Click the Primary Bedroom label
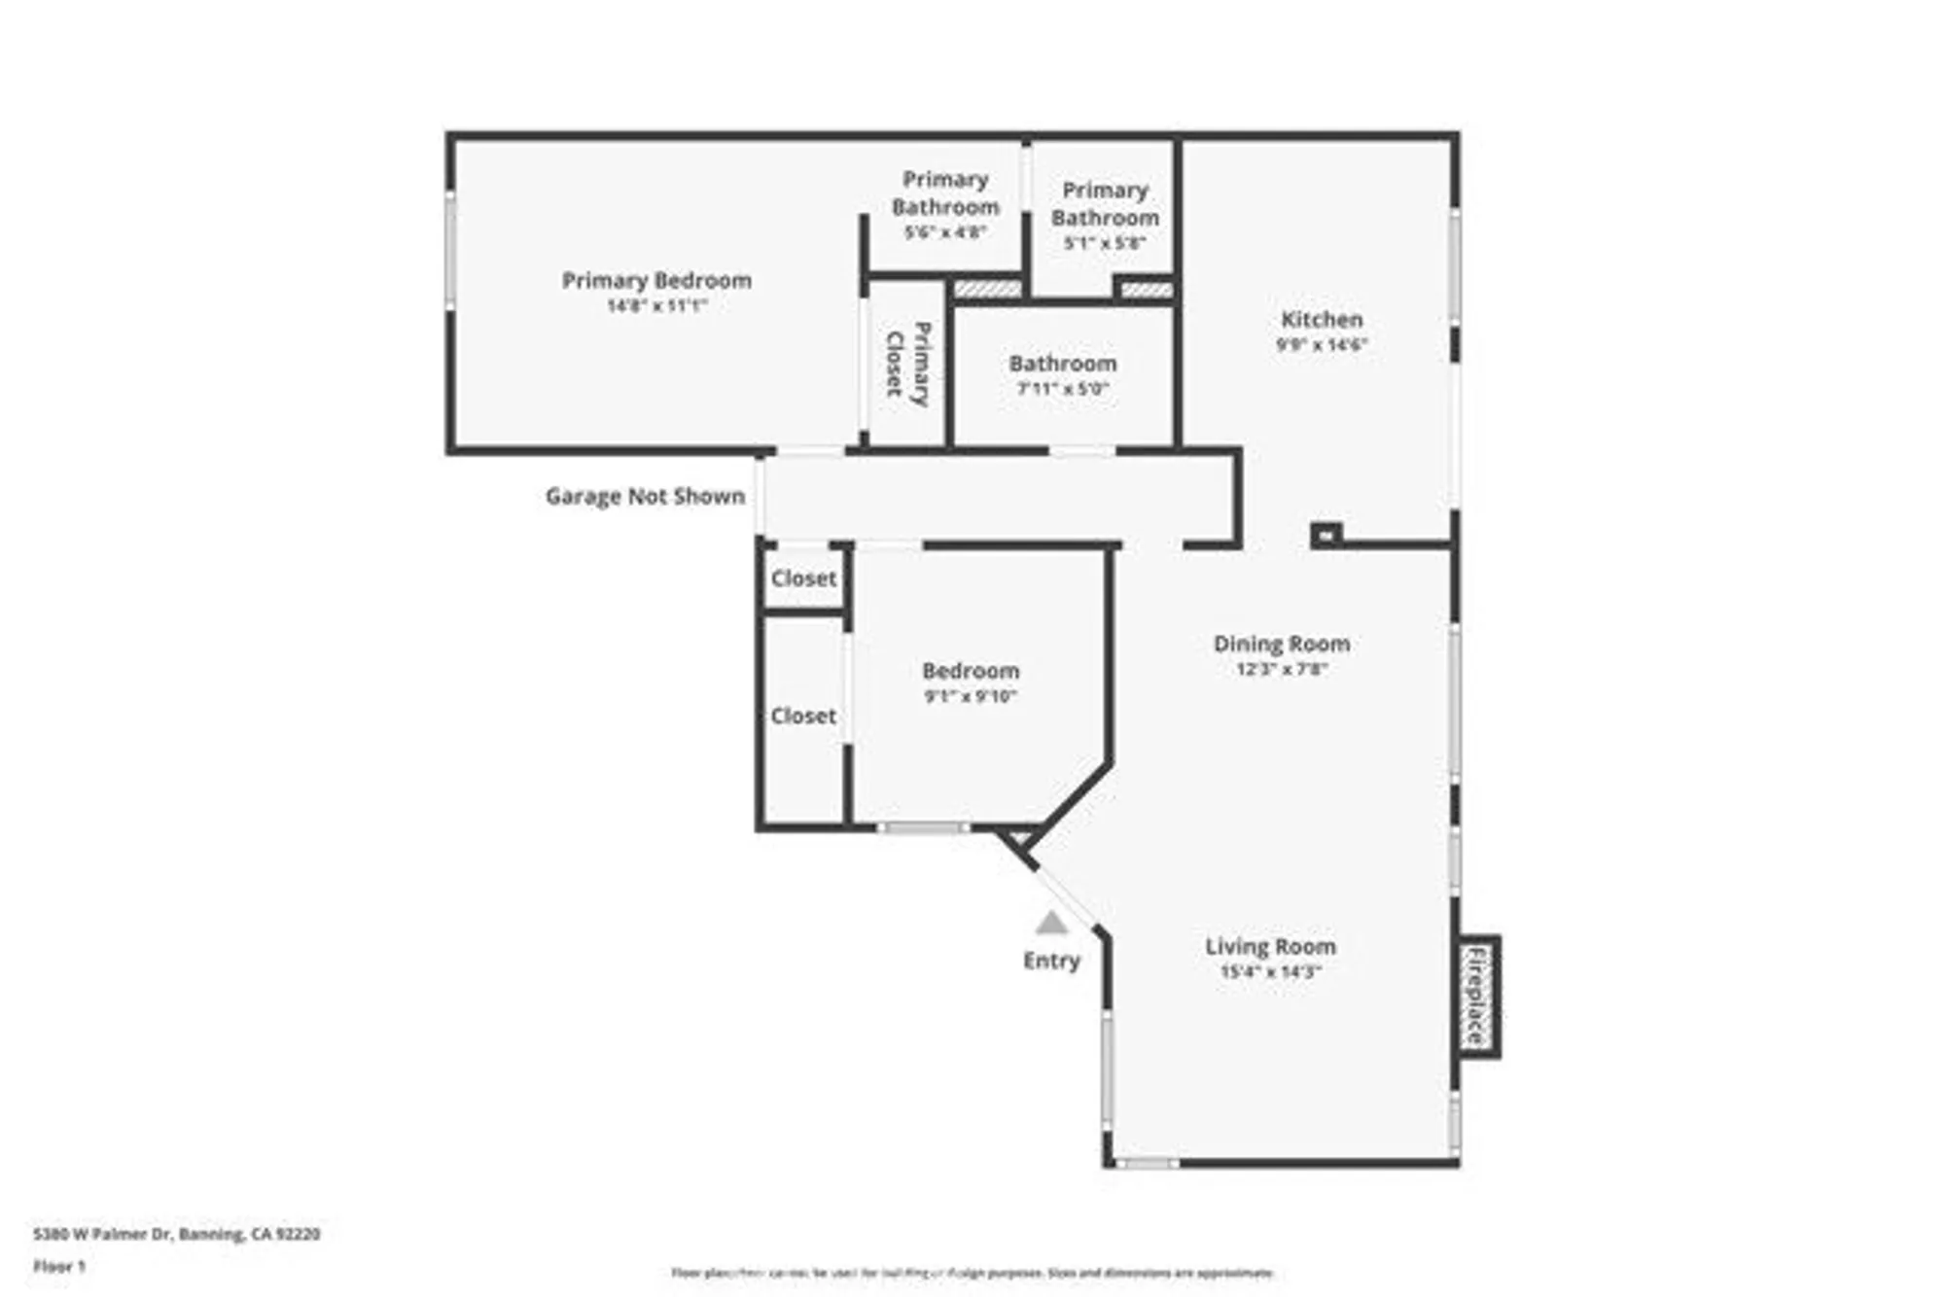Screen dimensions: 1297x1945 click(656, 281)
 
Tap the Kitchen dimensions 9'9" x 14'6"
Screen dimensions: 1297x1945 click(1322, 344)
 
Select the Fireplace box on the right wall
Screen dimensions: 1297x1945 click(1477, 996)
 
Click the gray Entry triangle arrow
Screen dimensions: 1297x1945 click(1051, 923)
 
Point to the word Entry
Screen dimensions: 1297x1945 click(1051, 961)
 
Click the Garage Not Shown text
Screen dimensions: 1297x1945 click(645, 497)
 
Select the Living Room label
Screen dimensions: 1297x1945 click(1270, 946)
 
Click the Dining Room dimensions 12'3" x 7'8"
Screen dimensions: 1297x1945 click(1282, 669)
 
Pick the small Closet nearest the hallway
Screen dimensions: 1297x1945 click(803, 578)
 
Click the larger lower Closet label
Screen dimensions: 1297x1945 click(803, 717)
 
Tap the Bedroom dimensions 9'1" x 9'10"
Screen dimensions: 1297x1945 click(971, 696)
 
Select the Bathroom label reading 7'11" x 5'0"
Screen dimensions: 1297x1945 click(1062, 374)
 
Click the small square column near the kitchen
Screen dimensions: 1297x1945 click(1325, 535)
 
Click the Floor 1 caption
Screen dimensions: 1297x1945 click(59, 1266)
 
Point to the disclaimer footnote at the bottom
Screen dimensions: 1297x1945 click(972, 1273)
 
